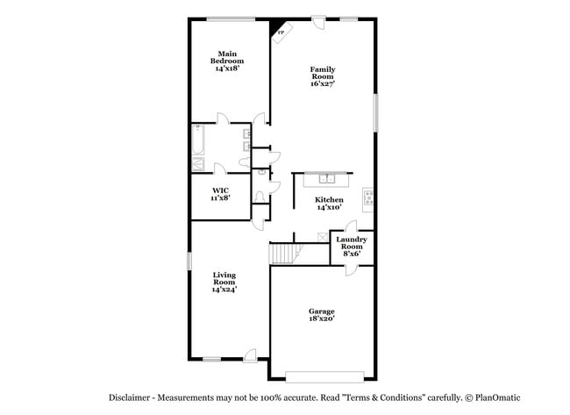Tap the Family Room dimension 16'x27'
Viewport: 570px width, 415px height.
click(x=323, y=84)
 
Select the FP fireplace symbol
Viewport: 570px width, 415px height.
click(x=280, y=32)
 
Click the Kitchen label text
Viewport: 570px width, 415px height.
click(x=330, y=200)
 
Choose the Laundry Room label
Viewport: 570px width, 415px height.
click(x=351, y=243)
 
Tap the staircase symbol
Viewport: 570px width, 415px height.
click(x=284, y=254)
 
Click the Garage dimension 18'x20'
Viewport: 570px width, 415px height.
click(x=321, y=319)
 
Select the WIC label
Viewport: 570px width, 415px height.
click(x=220, y=190)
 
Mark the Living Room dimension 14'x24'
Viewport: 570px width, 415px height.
click(x=224, y=290)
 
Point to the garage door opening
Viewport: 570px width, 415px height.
click(x=321, y=378)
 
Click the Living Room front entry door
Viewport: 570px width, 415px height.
click(x=251, y=354)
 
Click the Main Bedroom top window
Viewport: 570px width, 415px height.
click(x=231, y=18)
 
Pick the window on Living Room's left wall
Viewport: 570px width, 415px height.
click(x=190, y=261)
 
